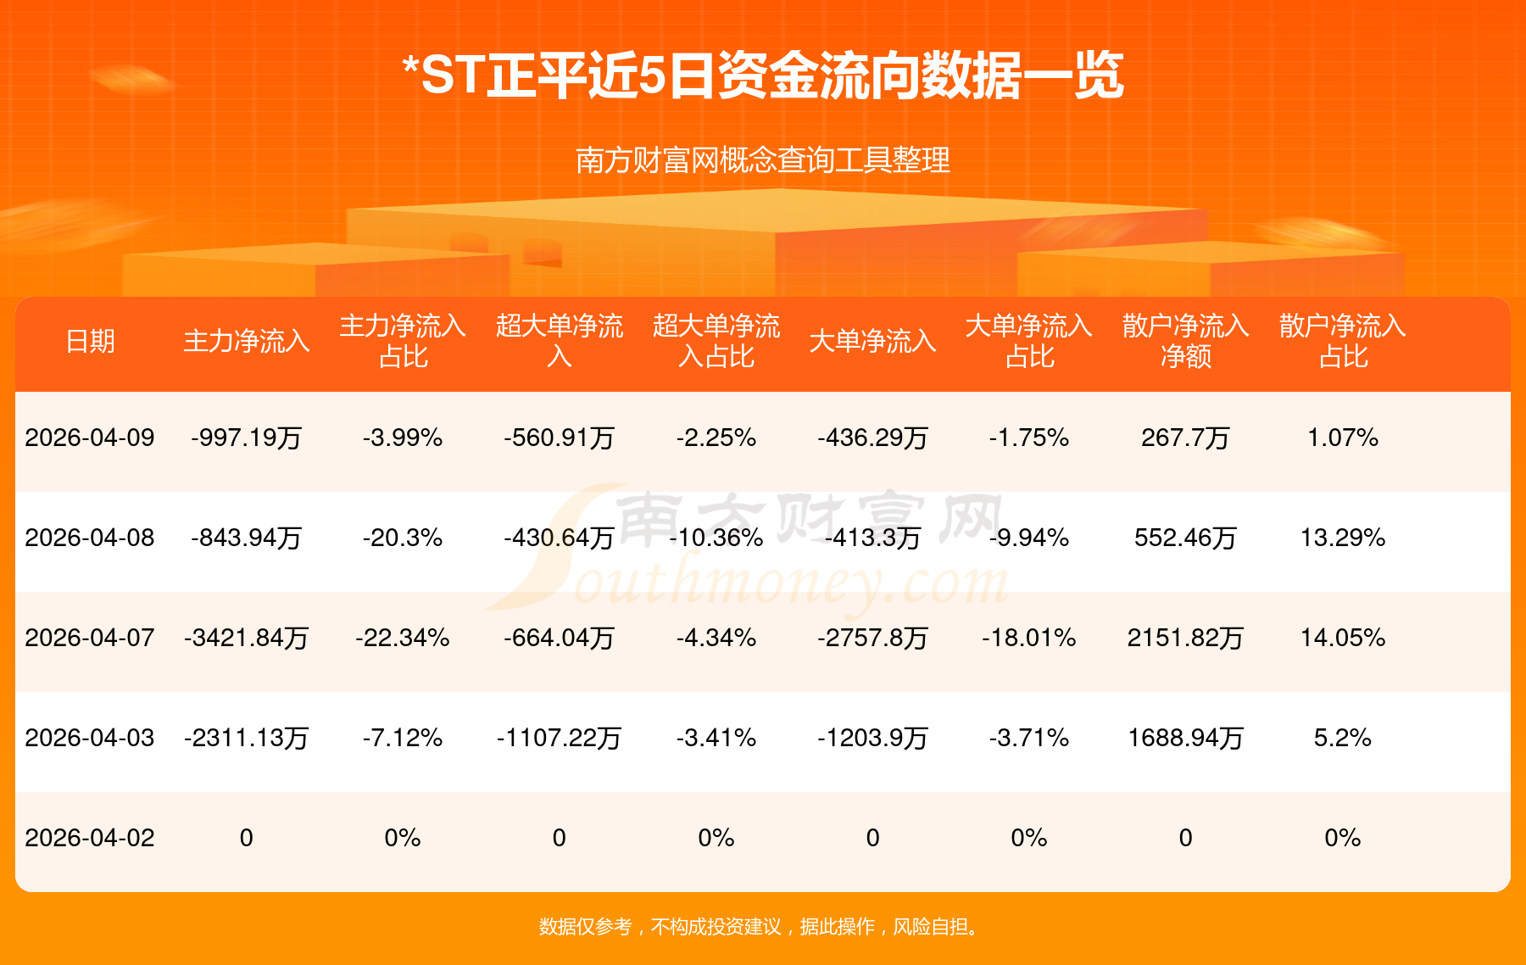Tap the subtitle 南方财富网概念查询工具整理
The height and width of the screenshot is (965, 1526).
[763, 160]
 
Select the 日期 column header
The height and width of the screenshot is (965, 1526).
[90, 341]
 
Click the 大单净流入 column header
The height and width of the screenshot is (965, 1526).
[872, 341]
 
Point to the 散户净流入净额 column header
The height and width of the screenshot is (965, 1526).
[1185, 341]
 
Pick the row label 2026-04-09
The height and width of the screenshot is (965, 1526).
[90, 438]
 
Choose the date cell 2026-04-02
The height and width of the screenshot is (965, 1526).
[90, 838]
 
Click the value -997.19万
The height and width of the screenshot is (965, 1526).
[247, 438]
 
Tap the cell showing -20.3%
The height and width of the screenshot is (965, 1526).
[403, 538]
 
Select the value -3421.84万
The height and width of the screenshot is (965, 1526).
[247, 638]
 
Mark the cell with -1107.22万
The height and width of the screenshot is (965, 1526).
[560, 738]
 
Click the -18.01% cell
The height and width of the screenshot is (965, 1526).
[1029, 638]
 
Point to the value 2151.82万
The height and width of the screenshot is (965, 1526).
[1185, 638]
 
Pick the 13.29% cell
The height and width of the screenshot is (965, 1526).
[1343, 538]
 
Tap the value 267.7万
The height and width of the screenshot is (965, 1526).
[1185, 438]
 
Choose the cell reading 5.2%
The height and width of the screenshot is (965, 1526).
[1343, 738]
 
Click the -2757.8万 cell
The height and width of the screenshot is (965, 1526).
[872, 638]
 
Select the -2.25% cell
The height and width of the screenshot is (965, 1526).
[716, 438]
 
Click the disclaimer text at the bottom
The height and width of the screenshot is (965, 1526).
[763, 927]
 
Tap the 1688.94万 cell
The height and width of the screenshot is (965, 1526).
[1185, 738]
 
